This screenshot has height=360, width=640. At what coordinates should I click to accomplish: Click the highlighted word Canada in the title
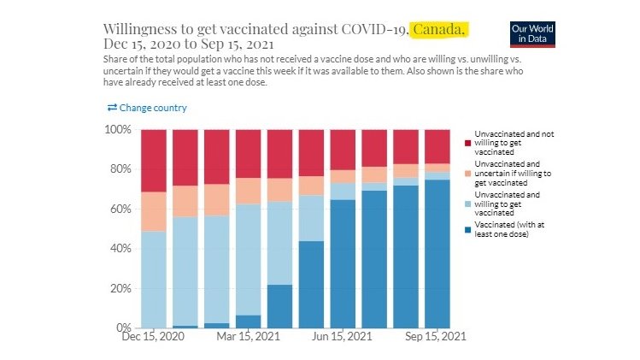pos(438,30)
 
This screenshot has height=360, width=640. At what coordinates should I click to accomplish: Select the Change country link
pos(147,108)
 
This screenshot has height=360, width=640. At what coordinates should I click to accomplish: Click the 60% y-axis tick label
pos(119,209)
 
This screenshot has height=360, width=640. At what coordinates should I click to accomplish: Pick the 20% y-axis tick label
pos(119,288)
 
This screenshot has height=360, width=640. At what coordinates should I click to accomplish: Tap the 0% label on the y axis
pos(122,328)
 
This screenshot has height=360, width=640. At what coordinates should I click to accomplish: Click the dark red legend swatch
pos(467,135)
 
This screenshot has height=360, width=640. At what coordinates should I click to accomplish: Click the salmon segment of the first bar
pos(154,211)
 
